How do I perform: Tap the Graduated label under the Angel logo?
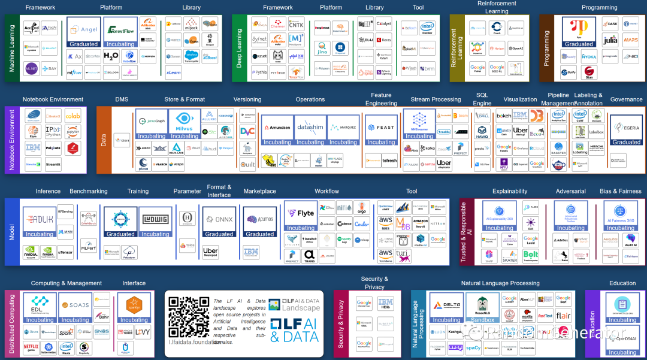click(x=84, y=44)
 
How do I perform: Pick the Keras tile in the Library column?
click(x=384, y=41)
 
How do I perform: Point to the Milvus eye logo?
click(x=185, y=121)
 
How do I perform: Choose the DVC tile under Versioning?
click(x=247, y=132)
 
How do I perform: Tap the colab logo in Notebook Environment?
click(x=72, y=116)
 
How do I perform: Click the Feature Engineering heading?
click(x=381, y=99)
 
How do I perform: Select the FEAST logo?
click(x=381, y=127)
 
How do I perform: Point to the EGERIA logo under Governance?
click(x=626, y=126)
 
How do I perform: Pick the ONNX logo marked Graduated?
click(x=219, y=219)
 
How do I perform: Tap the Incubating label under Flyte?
click(x=301, y=228)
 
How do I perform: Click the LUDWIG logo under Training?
click(x=155, y=219)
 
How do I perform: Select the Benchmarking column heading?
click(x=89, y=192)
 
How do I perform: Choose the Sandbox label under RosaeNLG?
click(x=483, y=320)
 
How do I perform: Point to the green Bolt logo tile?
click(x=531, y=255)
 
